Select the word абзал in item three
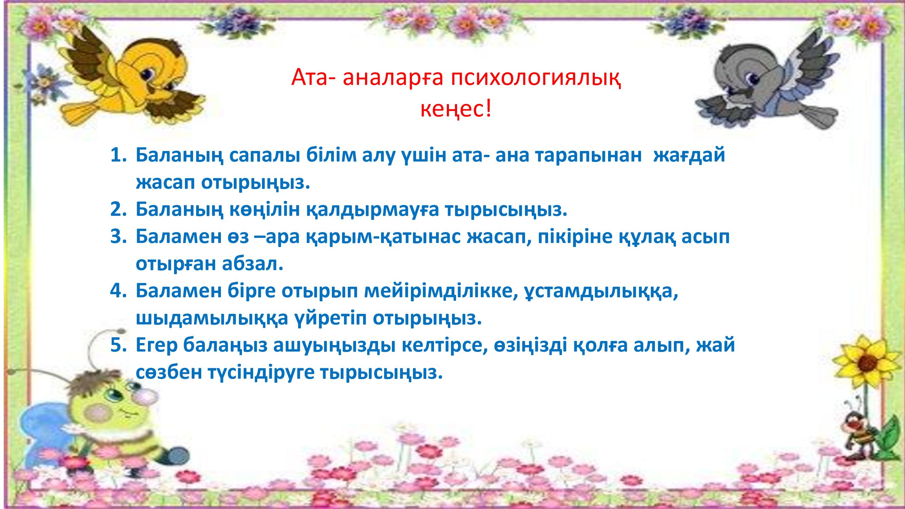tap(252, 265)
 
